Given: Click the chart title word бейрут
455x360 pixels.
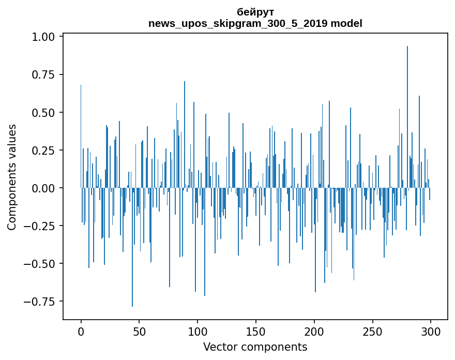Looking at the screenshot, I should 255,12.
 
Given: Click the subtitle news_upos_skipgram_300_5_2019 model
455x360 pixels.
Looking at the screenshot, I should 255,23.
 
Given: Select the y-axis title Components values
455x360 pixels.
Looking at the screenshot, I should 12,177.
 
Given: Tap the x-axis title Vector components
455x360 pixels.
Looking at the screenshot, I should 255,347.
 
